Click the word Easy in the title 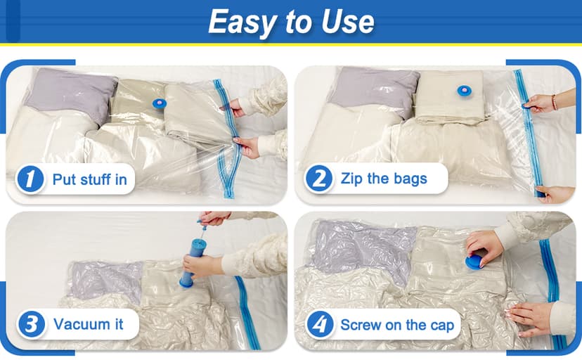pos(239,23)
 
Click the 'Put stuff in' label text pos(89,179)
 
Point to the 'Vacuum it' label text pos(88,324)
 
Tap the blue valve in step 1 pos(160,103)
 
